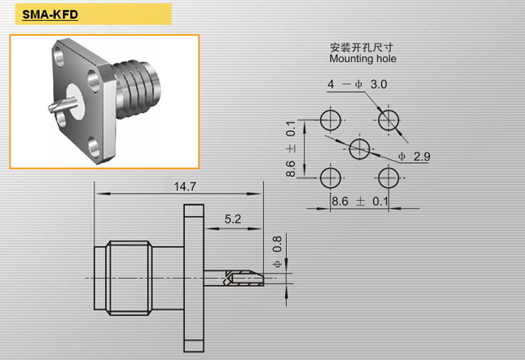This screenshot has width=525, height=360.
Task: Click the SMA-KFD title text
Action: [50, 15]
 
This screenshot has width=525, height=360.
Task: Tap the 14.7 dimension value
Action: [185, 186]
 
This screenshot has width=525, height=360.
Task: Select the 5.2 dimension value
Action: [233, 219]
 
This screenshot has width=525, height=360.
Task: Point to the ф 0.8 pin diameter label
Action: [277, 252]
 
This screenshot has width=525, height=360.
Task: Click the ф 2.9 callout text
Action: [414, 157]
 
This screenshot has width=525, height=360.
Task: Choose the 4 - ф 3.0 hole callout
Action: [357, 84]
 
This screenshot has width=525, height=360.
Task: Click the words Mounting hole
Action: [363, 59]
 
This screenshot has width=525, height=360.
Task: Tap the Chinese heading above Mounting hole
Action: [361, 47]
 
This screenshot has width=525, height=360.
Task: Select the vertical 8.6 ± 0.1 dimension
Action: [291, 149]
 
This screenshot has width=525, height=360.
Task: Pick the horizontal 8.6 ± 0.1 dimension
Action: [359, 202]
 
